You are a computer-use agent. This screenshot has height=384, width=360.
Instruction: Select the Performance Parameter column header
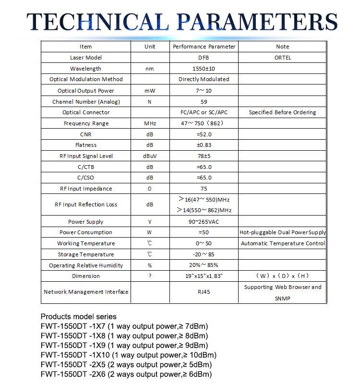point(204,47)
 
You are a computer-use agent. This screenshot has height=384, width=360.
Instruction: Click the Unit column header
point(150,47)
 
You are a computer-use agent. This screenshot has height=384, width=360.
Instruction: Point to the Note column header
point(282,47)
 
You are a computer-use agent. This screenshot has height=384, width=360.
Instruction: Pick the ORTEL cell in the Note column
point(282,58)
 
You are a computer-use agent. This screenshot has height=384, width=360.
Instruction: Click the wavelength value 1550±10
point(204,69)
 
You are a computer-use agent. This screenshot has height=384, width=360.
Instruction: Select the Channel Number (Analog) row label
point(86,102)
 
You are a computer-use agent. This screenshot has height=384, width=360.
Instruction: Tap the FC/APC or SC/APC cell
point(204,112)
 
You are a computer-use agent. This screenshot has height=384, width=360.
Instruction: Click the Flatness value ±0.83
point(204,145)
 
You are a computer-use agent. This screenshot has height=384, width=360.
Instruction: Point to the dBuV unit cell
point(150,156)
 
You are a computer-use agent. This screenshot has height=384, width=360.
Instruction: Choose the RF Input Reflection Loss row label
point(86,204)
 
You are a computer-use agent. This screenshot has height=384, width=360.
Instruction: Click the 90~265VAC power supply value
point(204,222)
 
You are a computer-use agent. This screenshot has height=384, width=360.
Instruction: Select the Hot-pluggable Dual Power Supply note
point(282,232)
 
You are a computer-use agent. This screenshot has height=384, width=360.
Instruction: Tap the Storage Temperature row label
point(86,254)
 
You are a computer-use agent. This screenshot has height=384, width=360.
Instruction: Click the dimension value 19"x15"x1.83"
point(204,276)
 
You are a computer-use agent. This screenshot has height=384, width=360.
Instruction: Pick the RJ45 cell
point(204,292)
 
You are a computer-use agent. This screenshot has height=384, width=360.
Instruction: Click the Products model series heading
point(78,317)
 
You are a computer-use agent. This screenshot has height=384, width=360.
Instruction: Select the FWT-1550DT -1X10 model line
point(128,355)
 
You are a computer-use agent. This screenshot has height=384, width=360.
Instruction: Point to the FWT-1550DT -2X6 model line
point(126,374)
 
